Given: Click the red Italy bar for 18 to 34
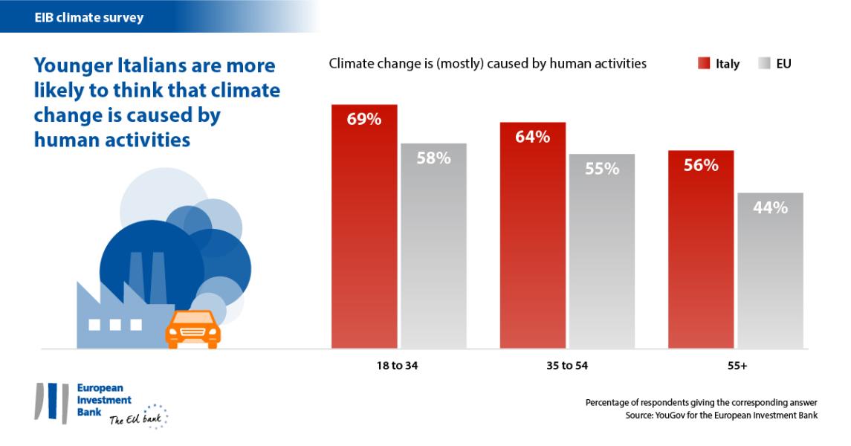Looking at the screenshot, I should tap(364, 238).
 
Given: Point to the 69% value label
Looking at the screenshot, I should tap(364, 119).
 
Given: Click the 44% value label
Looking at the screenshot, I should tap(771, 208).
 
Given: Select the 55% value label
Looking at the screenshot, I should tap(602, 169).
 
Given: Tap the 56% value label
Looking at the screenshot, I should tap(701, 166).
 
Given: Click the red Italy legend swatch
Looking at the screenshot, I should tap(704, 64).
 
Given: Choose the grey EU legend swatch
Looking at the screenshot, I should tap(763, 64).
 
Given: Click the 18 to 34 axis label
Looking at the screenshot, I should tap(398, 366).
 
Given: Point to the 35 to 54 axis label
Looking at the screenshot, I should tap(567, 366).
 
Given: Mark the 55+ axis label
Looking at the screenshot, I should tap(735, 366).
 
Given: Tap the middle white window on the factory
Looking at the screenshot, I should tap(115, 325).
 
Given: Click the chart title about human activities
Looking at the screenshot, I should tap(488, 64).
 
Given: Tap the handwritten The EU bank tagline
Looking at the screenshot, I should tap(135, 420).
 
